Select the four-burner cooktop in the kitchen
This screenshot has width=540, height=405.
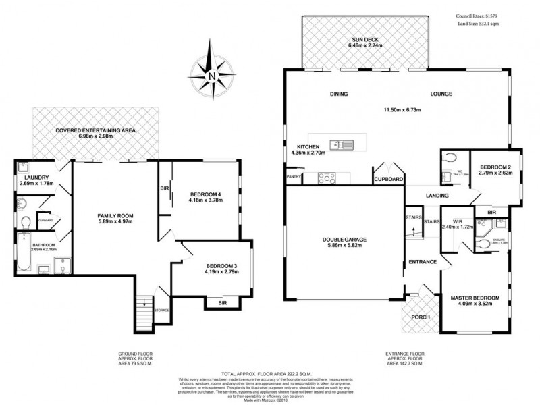[x=327, y=178]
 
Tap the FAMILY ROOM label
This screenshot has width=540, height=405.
[x=113, y=216]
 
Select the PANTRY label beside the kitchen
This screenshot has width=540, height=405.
[x=294, y=178]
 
